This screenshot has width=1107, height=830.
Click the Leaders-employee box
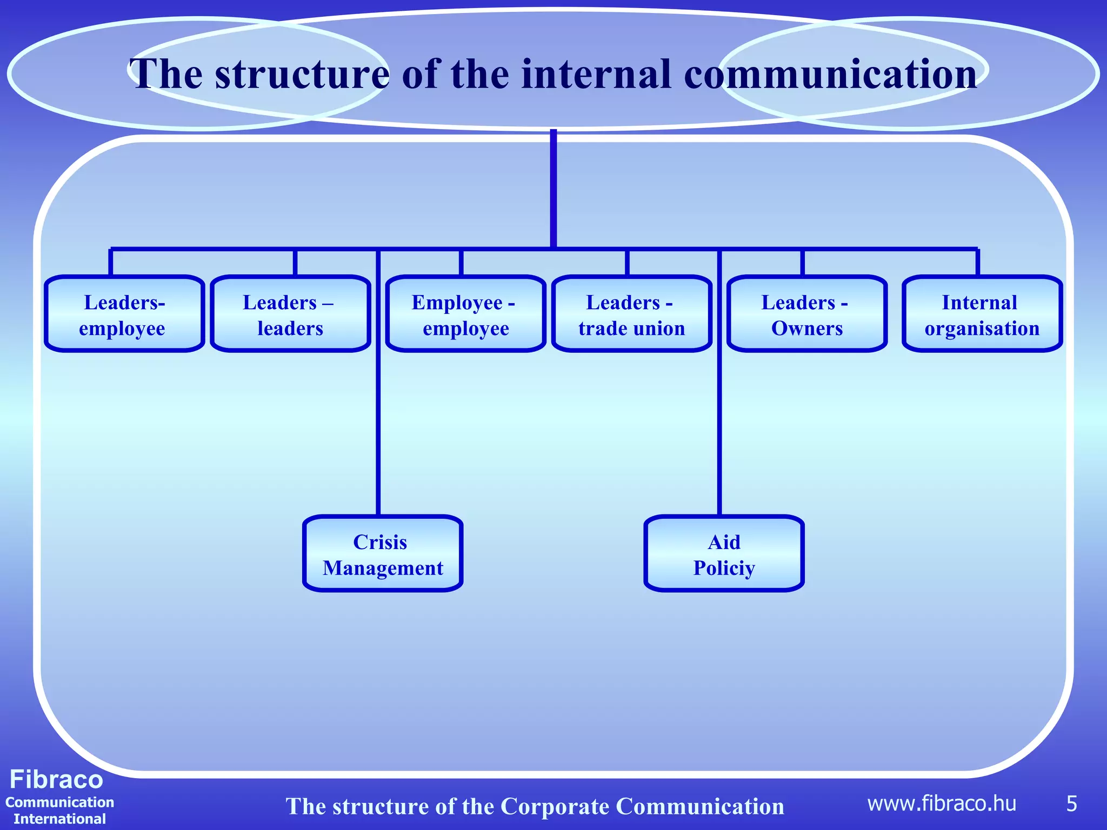tap(124, 314)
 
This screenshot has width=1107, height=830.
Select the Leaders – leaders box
tap(290, 314)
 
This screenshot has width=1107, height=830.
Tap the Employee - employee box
tap(465, 314)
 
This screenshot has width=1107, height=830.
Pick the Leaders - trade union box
tap(631, 314)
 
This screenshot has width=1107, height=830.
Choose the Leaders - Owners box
tap(806, 314)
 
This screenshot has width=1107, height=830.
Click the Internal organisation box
tap(982, 314)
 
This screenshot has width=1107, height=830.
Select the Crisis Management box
tap(383, 553)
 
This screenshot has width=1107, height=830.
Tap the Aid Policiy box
tap(724, 553)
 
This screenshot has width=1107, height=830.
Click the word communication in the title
tap(830, 74)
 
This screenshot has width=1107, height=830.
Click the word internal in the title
tap(595, 74)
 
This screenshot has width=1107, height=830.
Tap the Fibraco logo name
tap(56, 779)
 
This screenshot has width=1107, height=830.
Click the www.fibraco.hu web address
tap(942, 804)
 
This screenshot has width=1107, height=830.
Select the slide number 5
tap(1071, 804)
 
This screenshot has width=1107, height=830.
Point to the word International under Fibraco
tap(59, 819)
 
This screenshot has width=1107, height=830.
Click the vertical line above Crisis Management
tap(378, 432)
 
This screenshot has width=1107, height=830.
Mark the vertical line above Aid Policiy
tap(719, 432)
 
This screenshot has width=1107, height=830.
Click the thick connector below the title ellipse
tap(553, 189)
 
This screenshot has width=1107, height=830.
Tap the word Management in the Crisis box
tap(383, 568)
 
